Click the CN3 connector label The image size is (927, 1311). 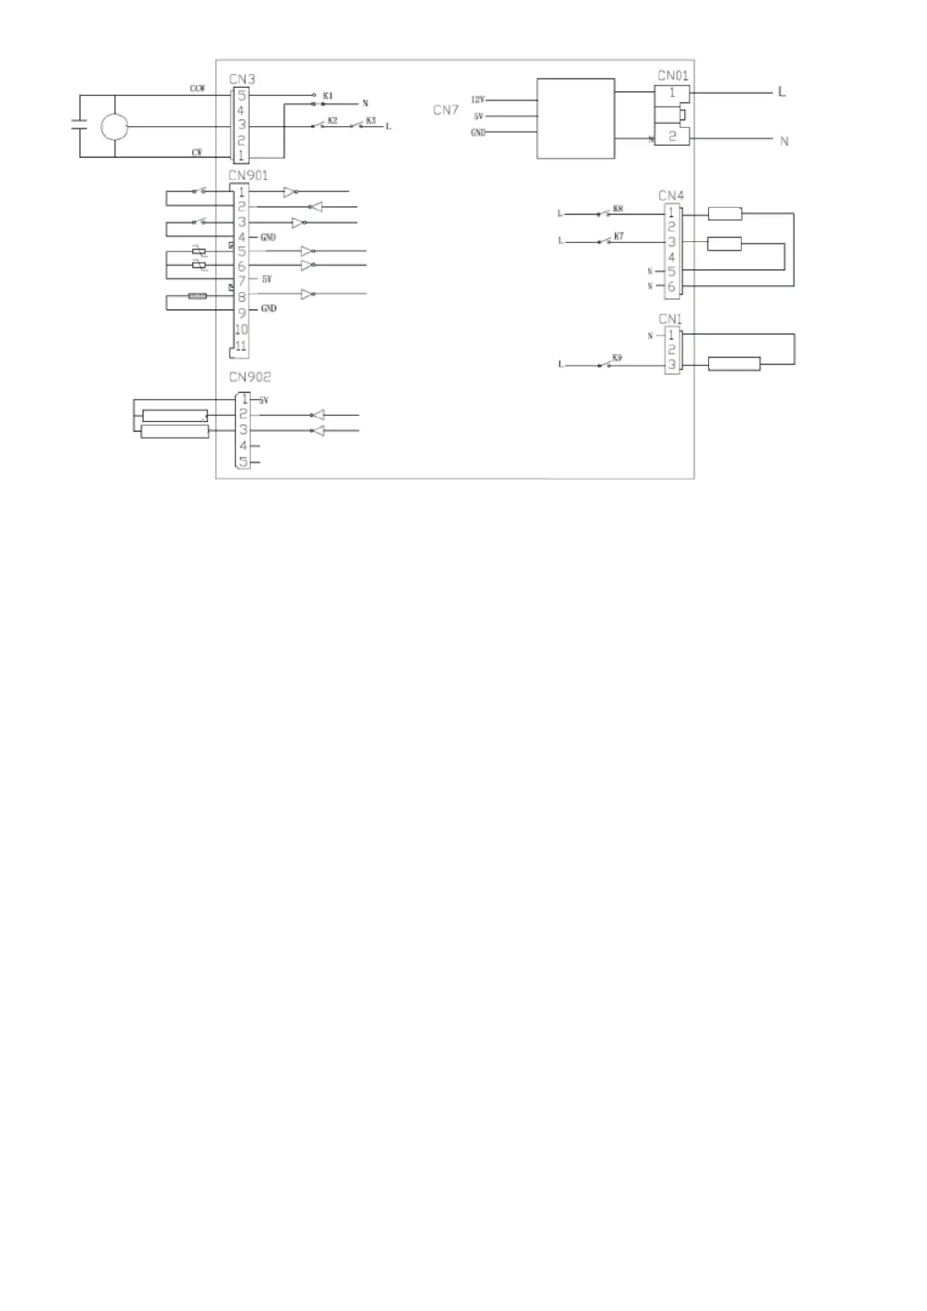pyautogui.click(x=242, y=79)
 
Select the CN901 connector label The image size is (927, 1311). pyautogui.click(x=248, y=176)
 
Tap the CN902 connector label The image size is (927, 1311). pyautogui.click(x=250, y=377)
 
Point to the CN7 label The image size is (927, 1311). pyautogui.click(x=446, y=111)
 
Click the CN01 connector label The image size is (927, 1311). pyautogui.click(x=672, y=76)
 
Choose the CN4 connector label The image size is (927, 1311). pyautogui.click(x=671, y=195)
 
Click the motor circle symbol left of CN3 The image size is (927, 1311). pyautogui.click(x=114, y=126)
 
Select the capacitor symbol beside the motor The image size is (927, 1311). pyautogui.click(x=79, y=125)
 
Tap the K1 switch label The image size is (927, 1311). pyautogui.click(x=328, y=96)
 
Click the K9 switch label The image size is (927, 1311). pyautogui.click(x=617, y=357)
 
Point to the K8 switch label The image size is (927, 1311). pyautogui.click(x=618, y=209)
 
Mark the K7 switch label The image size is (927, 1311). pyautogui.click(x=619, y=236)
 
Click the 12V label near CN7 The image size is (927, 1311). pyautogui.click(x=478, y=100)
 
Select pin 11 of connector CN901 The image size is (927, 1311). pyautogui.click(x=241, y=346)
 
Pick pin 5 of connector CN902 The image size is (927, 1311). pyautogui.click(x=243, y=462)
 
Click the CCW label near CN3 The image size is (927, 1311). pyautogui.click(x=198, y=89)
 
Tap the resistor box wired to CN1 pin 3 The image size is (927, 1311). pyautogui.click(x=734, y=364)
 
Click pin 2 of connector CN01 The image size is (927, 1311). pyautogui.click(x=673, y=137)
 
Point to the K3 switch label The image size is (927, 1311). pyautogui.click(x=370, y=121)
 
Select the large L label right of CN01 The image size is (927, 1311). pyautogui.click(x=782, y=92)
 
